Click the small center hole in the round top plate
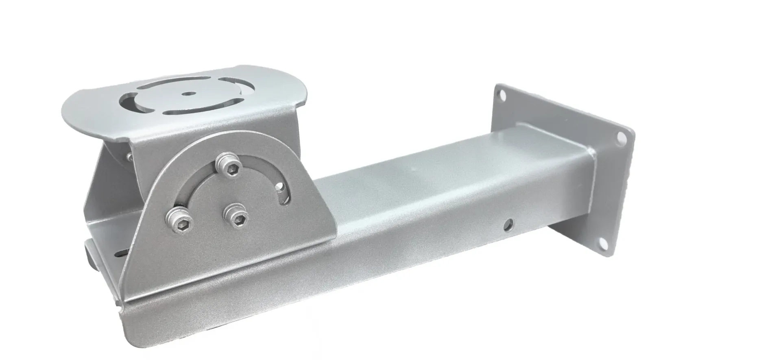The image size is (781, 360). point(187,94)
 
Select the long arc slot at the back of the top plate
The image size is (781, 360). point(185,83)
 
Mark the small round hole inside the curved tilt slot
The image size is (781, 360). point(281,187)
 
